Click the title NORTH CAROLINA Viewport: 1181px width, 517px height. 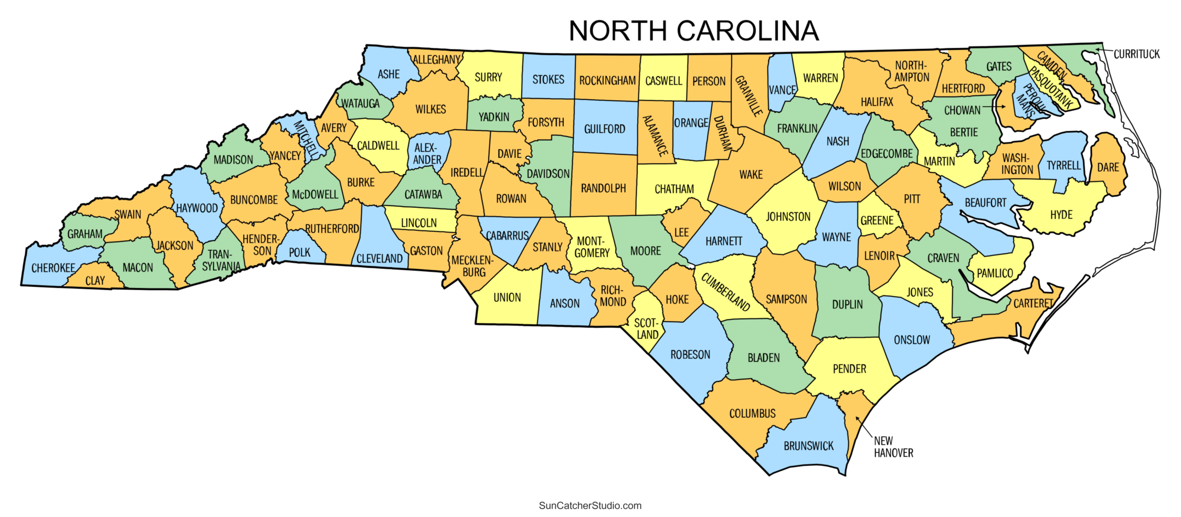(x=693, y=31)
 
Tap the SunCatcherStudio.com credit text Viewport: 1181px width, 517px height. (x=590, y=505)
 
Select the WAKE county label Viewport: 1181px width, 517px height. (x=751, y=175)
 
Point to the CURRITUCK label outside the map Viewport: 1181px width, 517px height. (x=1136, y=54)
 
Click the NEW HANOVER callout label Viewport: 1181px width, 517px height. (x=893, y=447)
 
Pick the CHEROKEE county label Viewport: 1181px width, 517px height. (x=53, y=268)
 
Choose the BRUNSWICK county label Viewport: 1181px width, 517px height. (x=808, y=446)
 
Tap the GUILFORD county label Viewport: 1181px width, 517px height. (x=605, y=129)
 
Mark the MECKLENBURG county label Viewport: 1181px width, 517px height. (x=472, y=266)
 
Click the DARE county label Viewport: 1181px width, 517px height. (x=1108, y=167)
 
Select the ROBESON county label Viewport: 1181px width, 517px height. (x=690, y=355)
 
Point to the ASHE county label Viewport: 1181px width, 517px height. (x=388, y=75)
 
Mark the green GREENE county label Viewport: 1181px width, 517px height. (x=877, y=220)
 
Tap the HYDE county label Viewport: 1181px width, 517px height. (x=1061, y=215)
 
